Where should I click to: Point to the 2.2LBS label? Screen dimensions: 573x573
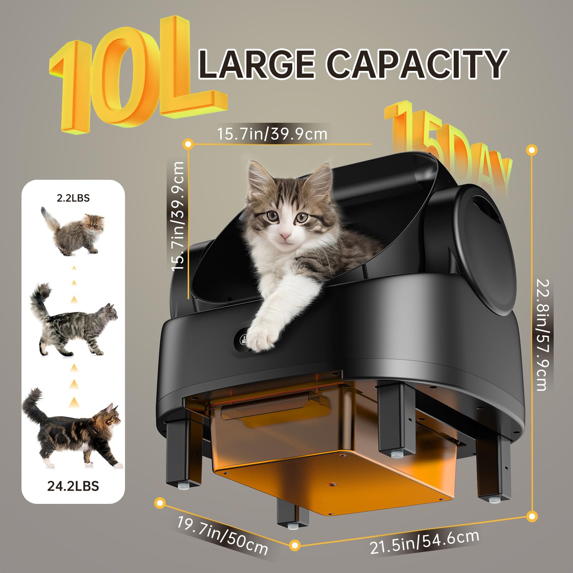click(x=73, y=198)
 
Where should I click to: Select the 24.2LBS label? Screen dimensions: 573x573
click(x=73, y=486)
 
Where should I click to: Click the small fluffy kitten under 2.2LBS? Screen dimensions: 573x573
click(x=73, y=231)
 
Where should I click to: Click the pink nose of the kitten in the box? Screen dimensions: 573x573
click(x=285, y=235)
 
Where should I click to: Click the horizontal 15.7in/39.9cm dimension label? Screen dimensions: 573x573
click(x=272, y=134)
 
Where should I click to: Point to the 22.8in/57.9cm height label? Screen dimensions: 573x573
click(x=542, y=335)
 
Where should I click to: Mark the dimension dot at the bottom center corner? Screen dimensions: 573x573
click(x=294, y=545)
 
